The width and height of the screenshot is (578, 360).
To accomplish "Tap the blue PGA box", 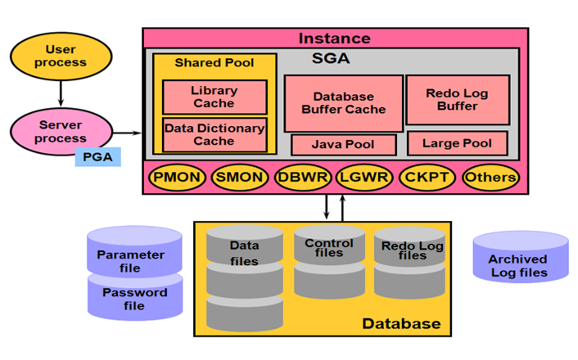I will pyautogui.click(x=97, y=155).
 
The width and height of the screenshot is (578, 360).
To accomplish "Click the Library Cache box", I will pyautogui.click(x=214, y=97).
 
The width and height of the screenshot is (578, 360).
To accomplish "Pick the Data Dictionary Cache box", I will pyautogui.click(x=214, y=135).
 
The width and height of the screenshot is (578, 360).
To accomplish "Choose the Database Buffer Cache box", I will pyautogui.click(x=343, y=103).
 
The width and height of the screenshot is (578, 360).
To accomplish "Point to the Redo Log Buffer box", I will pyautogui.click(x=458, y=100).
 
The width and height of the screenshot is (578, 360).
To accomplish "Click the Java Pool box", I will pyautogui.click(x=343, y=145).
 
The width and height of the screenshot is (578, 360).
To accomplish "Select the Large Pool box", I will pyautogui.click(x=458, y=144).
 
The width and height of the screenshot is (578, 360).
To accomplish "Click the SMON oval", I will pyautogui.click(x=240, y=177).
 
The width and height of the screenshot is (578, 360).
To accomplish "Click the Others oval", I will pyautogui.click(x=490, y=177).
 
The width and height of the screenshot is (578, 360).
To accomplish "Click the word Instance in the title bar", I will pyautogui.click(x=334, y=38).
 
